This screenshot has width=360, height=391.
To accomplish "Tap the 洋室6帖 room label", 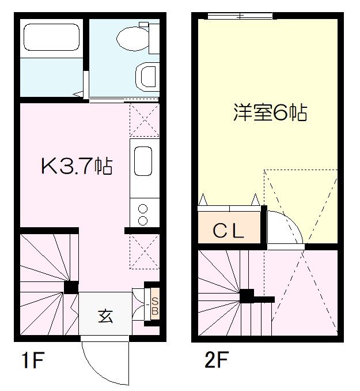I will (x=269, y=113).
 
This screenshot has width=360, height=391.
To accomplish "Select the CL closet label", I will (x=229, y=231).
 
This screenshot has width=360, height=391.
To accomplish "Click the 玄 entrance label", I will (x=105, y=316).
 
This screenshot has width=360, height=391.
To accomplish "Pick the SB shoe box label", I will (x=154, y=306).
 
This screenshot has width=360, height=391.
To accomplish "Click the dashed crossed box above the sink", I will (x=144, y=121).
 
